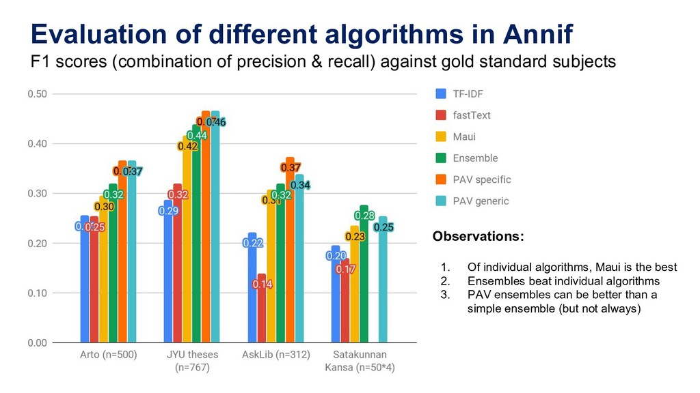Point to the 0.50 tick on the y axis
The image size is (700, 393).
click(x=37, y=94)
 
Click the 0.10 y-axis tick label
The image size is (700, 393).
click(x=37, y=293)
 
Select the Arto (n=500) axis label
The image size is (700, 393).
click(x=107, y=355)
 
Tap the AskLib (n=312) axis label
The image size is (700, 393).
click(x=276, y=355)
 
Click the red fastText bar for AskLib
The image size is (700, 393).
click(x=261, y=314)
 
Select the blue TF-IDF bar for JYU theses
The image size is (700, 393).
click(x=168, y=273)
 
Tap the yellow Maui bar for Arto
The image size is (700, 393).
click(x=103, y=273)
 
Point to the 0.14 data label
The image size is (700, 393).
click(x=263, y=284)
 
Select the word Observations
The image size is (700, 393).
click(x=479, y=237)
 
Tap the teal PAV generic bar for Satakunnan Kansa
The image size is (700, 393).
click(x=383, y=287)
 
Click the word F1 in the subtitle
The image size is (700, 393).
click(x=40, y=62)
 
